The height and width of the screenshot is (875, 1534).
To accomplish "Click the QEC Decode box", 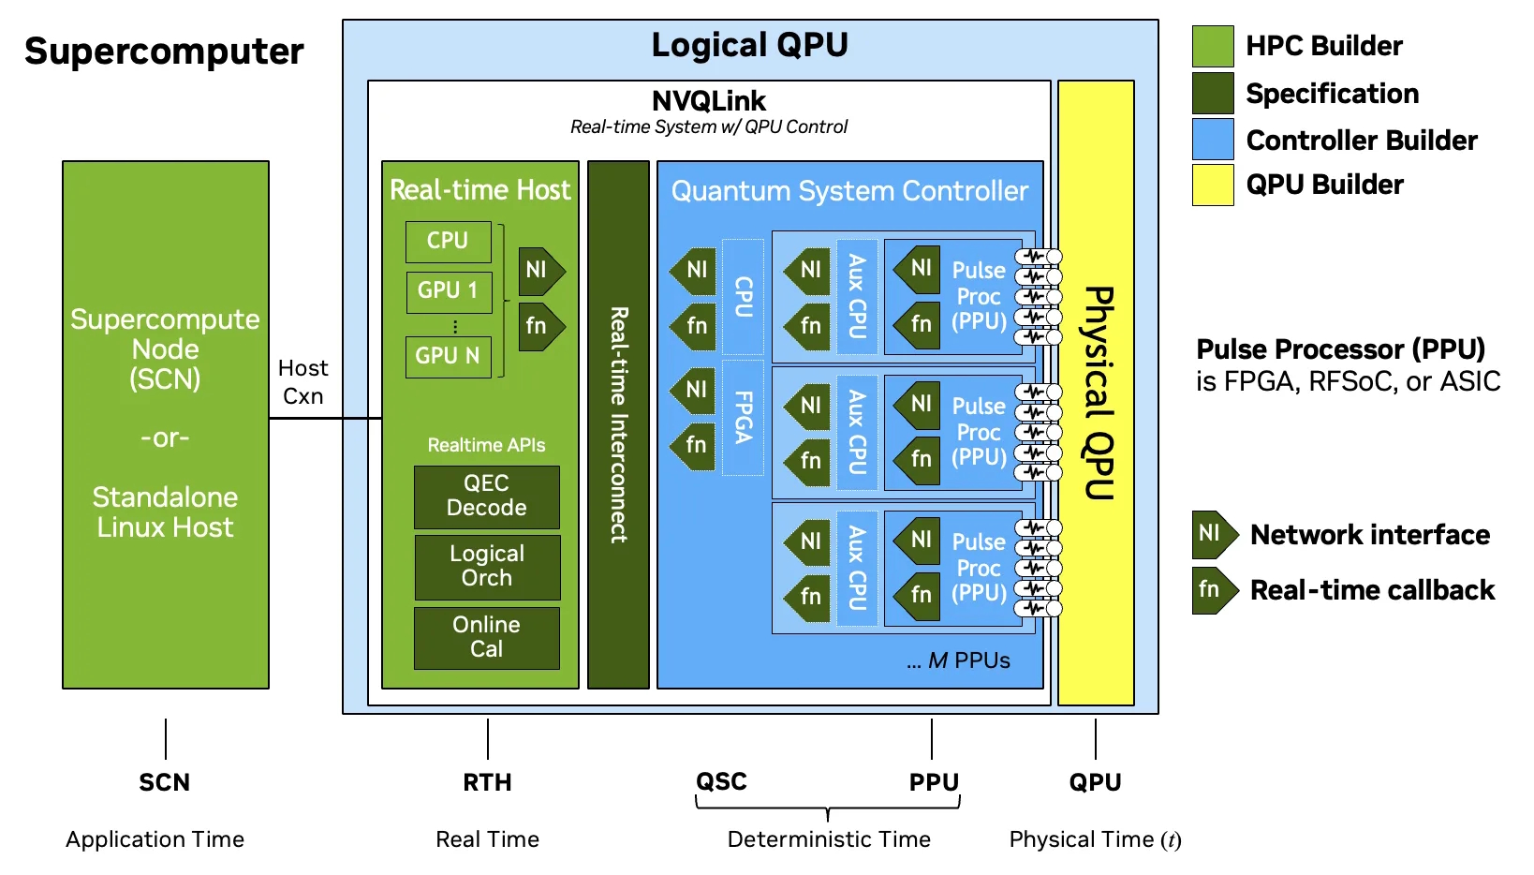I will tap(486, 497).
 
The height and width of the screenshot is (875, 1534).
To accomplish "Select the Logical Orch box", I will tap(486, 567).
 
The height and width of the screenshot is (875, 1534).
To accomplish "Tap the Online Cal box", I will tap(486, 637).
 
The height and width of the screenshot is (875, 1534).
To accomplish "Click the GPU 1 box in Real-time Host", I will tap(448, 291).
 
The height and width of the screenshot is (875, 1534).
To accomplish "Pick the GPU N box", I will tap(448, 357).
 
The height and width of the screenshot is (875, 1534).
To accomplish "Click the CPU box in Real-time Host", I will tap(448, 242).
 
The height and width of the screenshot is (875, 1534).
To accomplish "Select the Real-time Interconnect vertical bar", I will tap(618, 424).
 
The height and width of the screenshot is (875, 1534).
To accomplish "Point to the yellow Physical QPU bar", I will tap(1096, 393).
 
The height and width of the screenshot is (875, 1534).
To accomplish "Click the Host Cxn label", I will tap(302, 381).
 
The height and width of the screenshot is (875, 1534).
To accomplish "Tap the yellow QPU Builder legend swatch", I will tap(1212, 185).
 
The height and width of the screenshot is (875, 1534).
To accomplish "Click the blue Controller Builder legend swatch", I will tap(1212, 140).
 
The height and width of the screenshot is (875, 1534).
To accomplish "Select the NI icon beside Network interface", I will tap(1213, 534).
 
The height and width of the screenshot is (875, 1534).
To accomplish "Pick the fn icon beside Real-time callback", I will tap(1213, 590).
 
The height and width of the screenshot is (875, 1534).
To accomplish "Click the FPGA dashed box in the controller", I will tap(744, 417).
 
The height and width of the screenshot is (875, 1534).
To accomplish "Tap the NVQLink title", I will tap(709, 101).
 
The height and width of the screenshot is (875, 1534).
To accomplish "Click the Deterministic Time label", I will tap(829, 839).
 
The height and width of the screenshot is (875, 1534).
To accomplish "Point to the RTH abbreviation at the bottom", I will tap(487, 782).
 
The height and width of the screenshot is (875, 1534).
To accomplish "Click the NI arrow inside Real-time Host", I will tap(539, 271).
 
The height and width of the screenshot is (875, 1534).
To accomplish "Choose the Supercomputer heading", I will tap(164, 52).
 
